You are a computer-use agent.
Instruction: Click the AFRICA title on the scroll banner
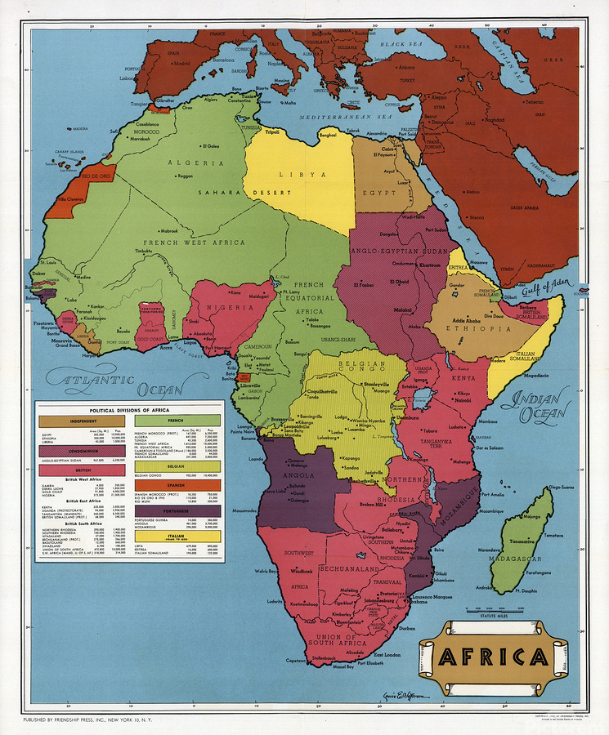(x=494, y=657)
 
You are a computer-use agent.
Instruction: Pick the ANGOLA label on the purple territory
(x=298, y=474)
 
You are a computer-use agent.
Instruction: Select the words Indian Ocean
(x=535, y=406)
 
